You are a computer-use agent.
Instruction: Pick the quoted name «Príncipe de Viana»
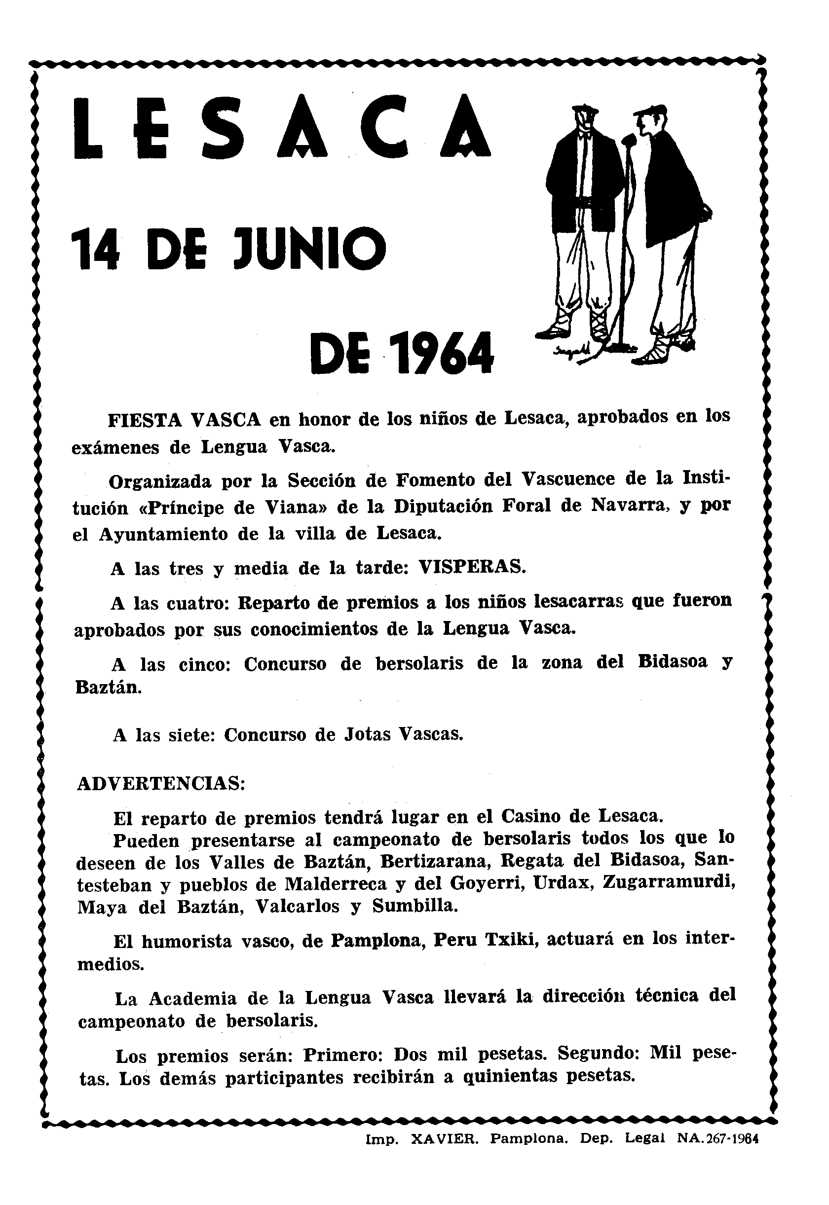click(x=236, y=507)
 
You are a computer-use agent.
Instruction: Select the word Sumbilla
click(x=415, y=906)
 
